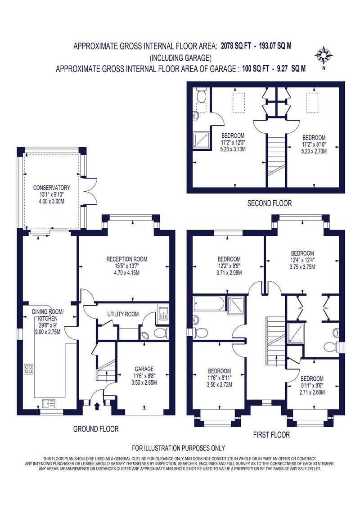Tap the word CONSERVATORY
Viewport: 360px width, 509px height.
52,188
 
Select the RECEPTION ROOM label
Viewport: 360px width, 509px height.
127,259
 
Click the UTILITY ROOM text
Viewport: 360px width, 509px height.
123,314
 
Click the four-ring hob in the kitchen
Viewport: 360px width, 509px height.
28,369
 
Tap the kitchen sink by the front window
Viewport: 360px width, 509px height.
47,403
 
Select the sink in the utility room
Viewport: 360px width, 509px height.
162,314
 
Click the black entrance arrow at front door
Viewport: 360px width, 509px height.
97,407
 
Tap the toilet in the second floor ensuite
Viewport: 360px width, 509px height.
201,96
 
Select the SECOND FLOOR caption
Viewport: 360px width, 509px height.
270,203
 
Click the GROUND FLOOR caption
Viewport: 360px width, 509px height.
96,429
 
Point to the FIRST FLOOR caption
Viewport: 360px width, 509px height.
271,435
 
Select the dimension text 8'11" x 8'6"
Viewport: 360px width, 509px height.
312,386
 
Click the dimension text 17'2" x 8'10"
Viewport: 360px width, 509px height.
314,145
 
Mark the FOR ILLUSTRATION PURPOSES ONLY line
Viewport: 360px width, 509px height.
178,448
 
